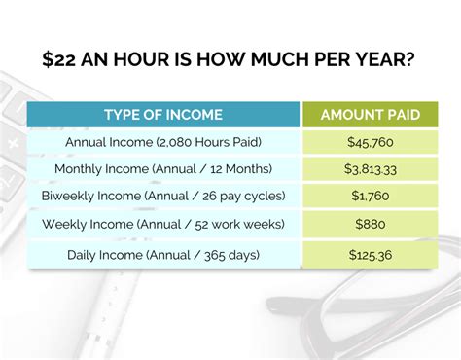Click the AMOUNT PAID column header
coord(371,116)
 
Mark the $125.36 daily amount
coord(371,256)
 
